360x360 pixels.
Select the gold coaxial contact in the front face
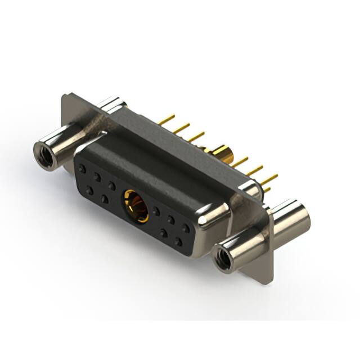point(136,206)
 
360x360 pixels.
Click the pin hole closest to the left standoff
point(83,169)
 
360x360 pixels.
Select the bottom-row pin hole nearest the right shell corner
point(179,241)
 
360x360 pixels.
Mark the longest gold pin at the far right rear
point(269,179)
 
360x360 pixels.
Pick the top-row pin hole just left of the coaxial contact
point(111,185)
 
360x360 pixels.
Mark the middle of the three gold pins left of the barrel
point(181,128)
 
